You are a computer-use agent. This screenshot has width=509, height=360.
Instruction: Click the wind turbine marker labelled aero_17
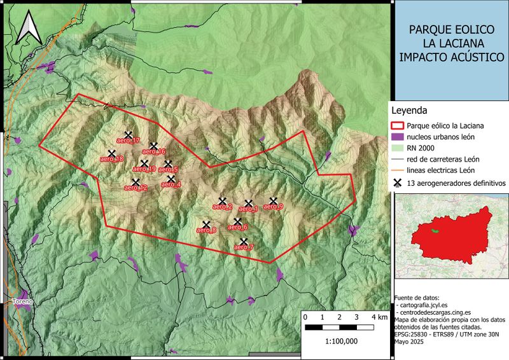pos(128,135)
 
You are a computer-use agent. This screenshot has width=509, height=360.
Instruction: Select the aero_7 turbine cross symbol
pos(243,242)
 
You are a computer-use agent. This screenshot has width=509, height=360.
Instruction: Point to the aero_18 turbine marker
pos(112,154)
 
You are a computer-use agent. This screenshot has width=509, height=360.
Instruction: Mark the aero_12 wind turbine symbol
pos(136,183)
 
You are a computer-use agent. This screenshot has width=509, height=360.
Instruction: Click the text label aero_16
pos(153,152)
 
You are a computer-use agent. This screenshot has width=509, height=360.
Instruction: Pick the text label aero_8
pos(206,231)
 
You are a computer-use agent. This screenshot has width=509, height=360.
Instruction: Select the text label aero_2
pos(222,207)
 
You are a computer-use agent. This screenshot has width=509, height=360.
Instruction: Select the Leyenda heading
pos(410,110)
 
